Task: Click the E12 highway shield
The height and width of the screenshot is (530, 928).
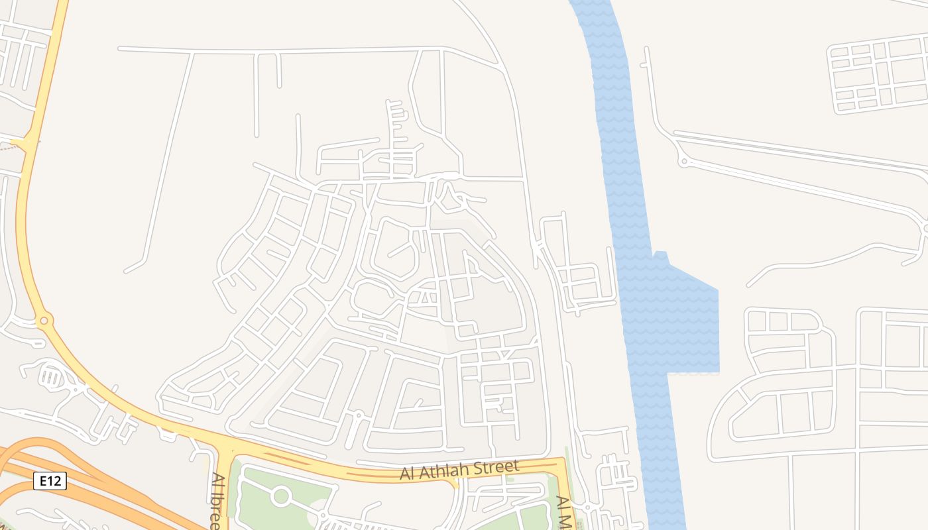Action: [x=50, y=481]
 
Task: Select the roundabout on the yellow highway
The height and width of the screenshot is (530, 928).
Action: [x=44, y=321]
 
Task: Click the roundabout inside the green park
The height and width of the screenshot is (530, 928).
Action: [x=281, y=496]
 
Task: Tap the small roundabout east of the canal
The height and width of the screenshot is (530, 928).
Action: [x=684, y=161]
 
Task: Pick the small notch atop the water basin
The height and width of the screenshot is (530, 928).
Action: [x=660, y=255]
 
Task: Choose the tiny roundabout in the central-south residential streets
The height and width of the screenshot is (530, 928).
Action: [x=358, y=415]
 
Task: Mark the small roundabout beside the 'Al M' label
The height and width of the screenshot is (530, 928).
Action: [x=587, y=507]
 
